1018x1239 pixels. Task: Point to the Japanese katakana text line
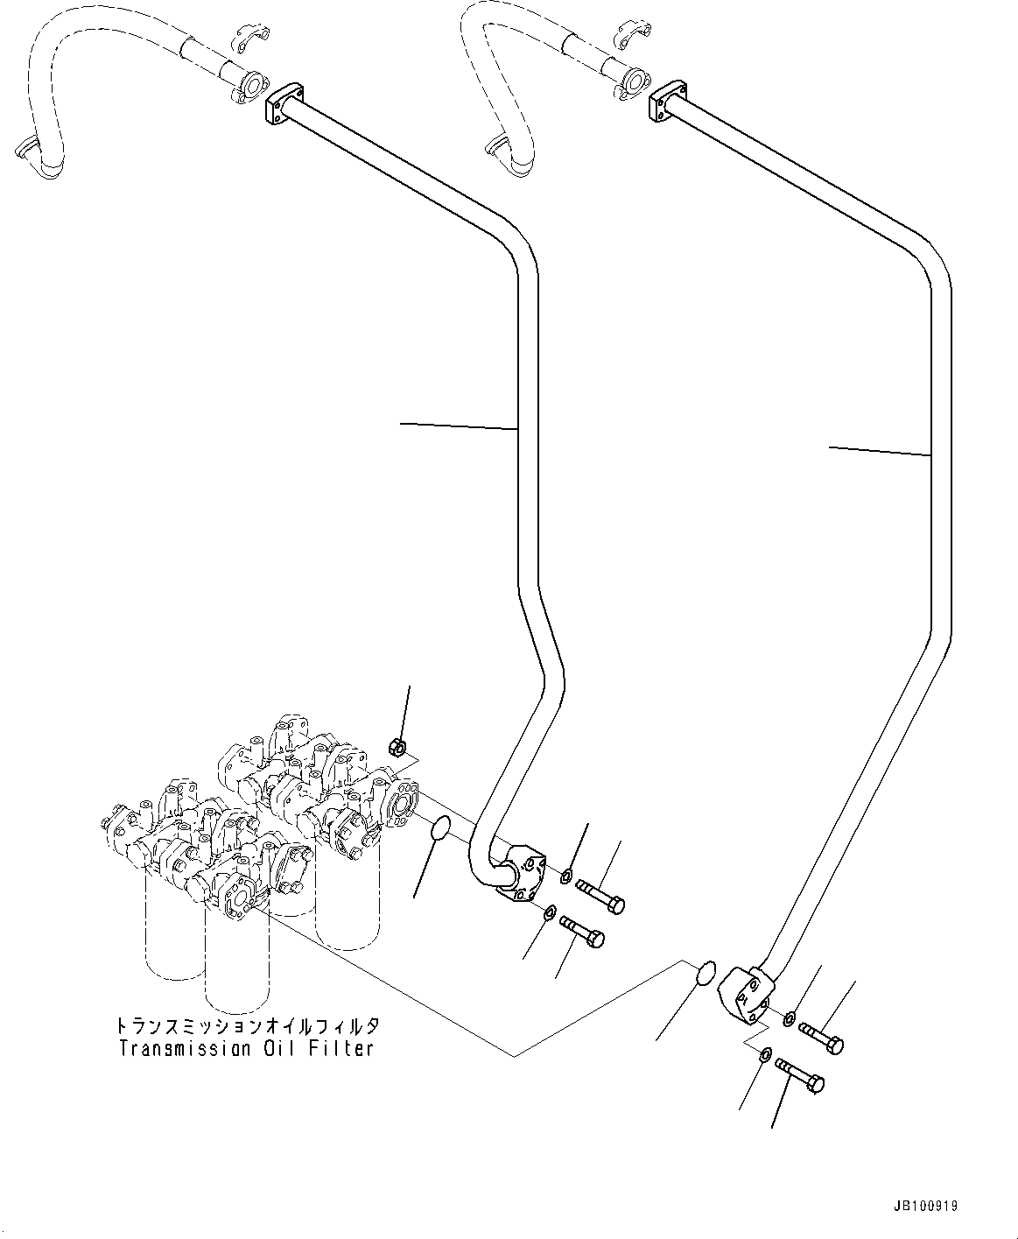click(x=248, y=1026)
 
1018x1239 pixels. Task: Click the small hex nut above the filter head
click(x=398, y=747)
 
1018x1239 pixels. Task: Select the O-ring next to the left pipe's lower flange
click(x=441, y=829)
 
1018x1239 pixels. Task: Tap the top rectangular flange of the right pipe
click(x=668, y=101)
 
